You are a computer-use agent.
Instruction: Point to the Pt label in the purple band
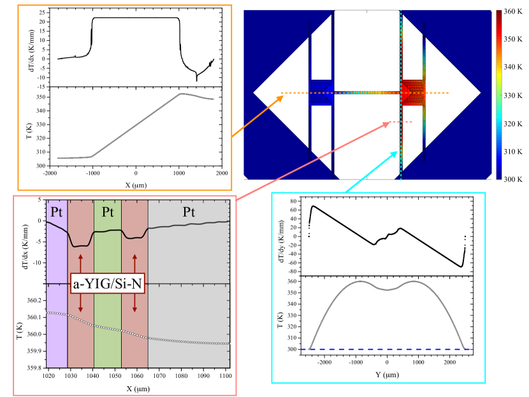tap(54, 210)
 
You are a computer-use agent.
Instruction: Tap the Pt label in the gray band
tap(189, 210)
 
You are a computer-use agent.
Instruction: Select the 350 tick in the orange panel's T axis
tap(37, 97)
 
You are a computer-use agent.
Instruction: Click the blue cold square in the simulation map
tap(321, 92)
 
